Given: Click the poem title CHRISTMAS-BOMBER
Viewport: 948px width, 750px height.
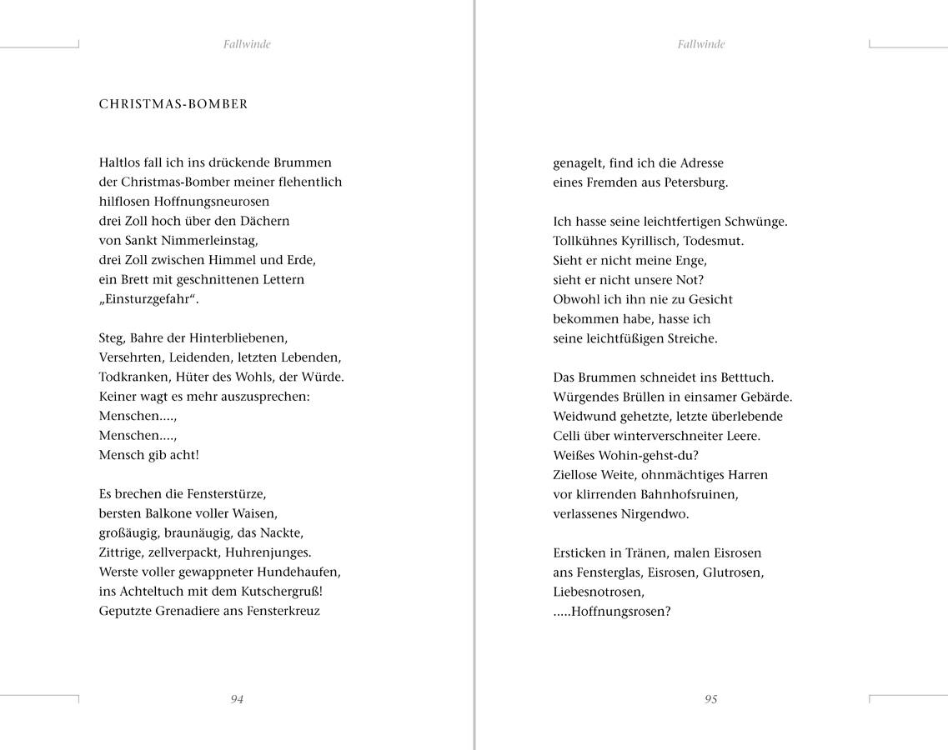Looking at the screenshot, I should pyautogui.click(x=173, y=105).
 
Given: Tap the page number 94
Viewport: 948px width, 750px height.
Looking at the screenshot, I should pyautogui.click(x=237, y=700).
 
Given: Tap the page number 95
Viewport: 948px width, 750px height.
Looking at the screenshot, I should pyautogui.click(x=710, y=700).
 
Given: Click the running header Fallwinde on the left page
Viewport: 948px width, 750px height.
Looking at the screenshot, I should pyautogui.click(x=247, y=45).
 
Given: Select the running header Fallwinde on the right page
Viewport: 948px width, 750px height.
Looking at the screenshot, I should pyautogui.click(x=701, y=45).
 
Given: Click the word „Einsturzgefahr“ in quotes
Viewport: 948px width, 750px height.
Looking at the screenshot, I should pyautogui.click(x=148, y=300).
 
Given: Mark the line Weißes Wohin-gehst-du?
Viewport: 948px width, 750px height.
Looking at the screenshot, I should pyautogui.click(x=625, y=456).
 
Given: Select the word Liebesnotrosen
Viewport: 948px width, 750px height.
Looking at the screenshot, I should pyautogui.click(x=598, y=592).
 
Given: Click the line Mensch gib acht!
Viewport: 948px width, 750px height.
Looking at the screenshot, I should pyautogui.click(x=148, y=456).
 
